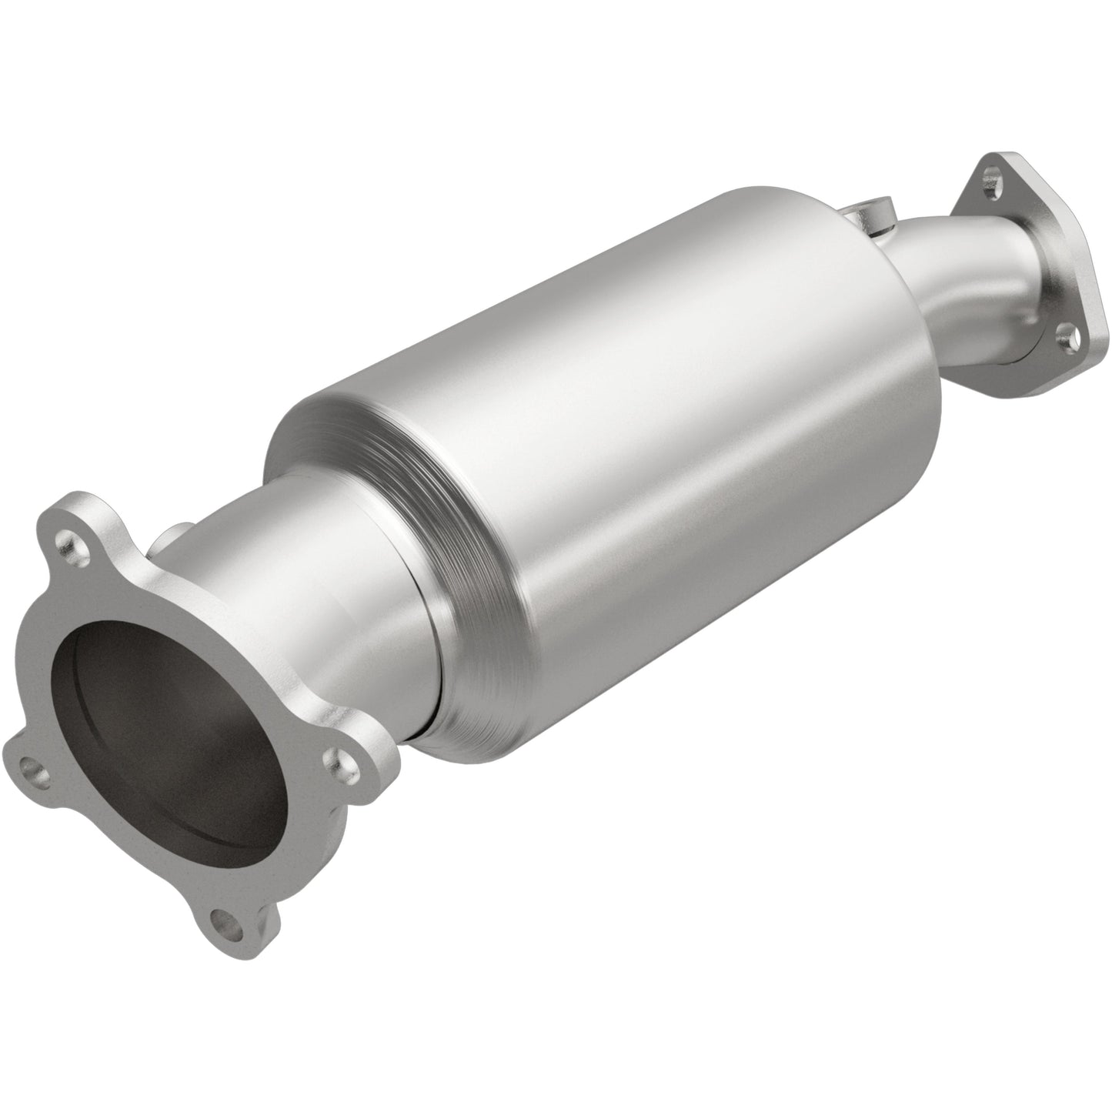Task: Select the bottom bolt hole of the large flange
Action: pos(223,919)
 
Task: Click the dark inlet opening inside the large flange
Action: pos(177,739)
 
